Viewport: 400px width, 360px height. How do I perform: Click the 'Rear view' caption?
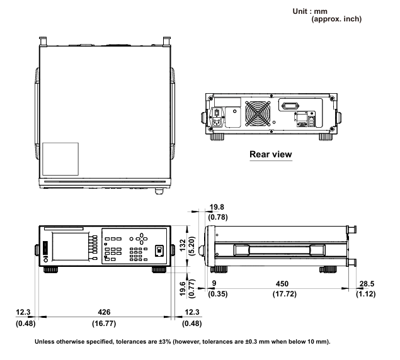pos(271,154)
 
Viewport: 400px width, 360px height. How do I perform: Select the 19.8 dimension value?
pos(217,208)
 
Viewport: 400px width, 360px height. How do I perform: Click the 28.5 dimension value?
pos(367,283)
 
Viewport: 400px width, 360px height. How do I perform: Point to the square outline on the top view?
pos(60,160)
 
